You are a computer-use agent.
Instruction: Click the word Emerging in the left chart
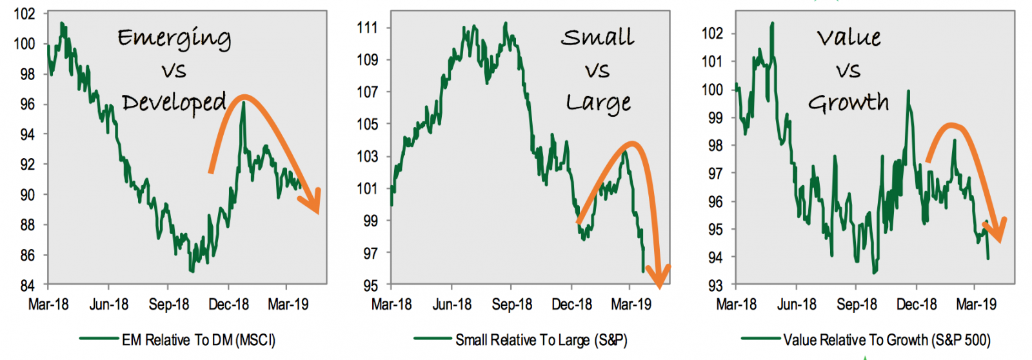[x=174, y=39]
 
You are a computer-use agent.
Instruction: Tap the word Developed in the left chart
[x=174, y=103]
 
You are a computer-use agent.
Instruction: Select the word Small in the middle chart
[x=597, y=37]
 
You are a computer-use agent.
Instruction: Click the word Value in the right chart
[x=849, y=37]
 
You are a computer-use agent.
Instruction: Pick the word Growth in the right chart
[x=848, y=103]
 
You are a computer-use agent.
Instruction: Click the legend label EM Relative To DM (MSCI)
[x=198, y=340]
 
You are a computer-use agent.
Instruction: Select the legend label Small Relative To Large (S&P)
[x=541, y=340]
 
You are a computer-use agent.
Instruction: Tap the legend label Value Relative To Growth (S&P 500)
[x=886, y=340]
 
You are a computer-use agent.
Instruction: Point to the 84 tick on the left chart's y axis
[x=26, y=285]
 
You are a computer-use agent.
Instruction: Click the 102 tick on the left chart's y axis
[x=24, y=14]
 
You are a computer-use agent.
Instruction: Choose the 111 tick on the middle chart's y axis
[x=367, y=28]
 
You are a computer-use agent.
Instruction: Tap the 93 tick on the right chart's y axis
[x=715, y=285]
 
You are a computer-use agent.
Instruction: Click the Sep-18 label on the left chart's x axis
[x=168, y=305]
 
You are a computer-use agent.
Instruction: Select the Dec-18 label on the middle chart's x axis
[x=571, y=305]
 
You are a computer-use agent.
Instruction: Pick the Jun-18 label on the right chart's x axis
[x=796, y=305]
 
